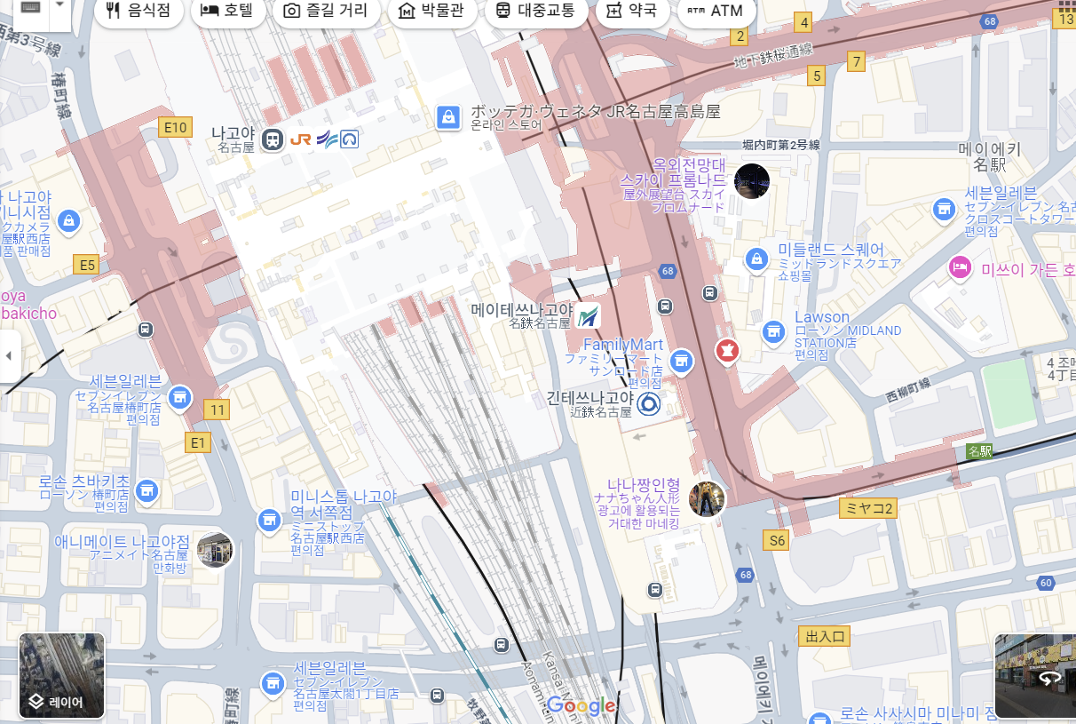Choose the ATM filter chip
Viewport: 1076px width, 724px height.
[715, 11]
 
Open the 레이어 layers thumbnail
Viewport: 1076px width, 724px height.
[61, 675]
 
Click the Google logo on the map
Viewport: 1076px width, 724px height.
[582, 706]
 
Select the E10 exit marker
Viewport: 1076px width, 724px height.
[176, 128]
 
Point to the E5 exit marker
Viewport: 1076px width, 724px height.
[86, 264]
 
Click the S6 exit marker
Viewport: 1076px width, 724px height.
[777, 539]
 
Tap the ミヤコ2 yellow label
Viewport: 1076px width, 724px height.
[867, 508]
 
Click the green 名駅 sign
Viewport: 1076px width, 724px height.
[979, 451]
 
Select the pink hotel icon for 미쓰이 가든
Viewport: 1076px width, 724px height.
[960, 267]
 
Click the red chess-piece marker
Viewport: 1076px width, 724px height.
[727, 351]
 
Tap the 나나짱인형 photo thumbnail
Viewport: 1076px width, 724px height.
[707, 499]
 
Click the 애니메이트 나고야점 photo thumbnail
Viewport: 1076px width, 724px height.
[215, 550]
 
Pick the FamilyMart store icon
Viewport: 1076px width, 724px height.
[681, 360]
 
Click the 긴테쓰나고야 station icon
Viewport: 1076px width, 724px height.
[649, 405]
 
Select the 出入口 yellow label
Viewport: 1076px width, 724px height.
[825, 636]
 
